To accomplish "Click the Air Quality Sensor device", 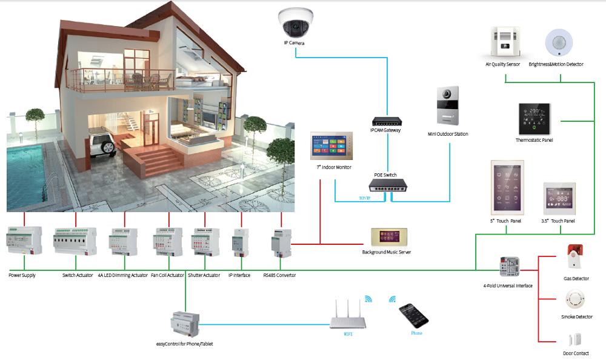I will (502, 42).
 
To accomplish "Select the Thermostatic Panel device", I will (533, 119).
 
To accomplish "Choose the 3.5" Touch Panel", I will (558, 198).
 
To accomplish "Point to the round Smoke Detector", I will (573, 300).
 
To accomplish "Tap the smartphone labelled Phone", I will (413, 315).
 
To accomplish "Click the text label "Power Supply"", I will (22, 275).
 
